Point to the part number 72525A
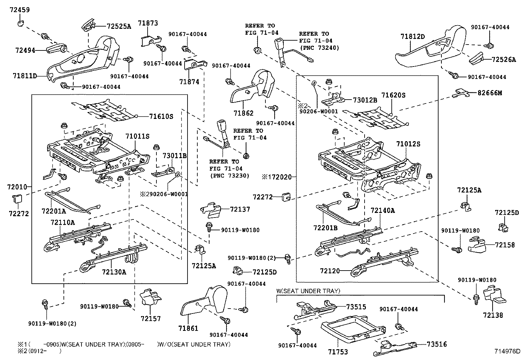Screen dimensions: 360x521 tap(118, 27)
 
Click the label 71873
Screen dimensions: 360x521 tap(148, 23)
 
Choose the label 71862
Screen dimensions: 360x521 tap(243, 113)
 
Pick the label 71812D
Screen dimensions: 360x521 tap(413, 36)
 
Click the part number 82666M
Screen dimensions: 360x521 tap(490, 93)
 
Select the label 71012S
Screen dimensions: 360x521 tap(408, 144)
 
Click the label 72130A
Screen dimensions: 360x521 tap(114, 272)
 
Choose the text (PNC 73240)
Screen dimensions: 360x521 tap(319, 48)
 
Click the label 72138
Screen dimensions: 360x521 tap(493, 315)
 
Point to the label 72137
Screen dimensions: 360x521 tap(240, 209)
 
